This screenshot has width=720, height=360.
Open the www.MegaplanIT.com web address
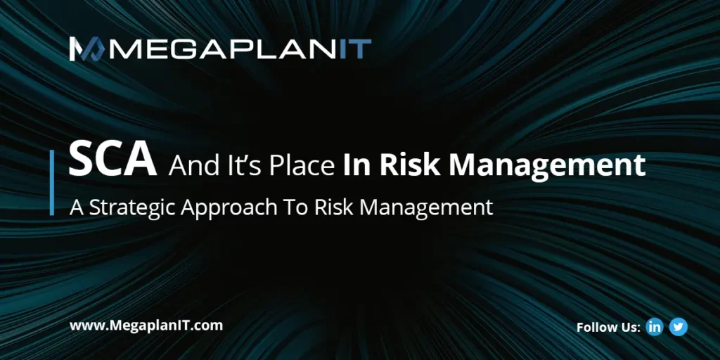146,326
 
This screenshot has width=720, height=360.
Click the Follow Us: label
608,328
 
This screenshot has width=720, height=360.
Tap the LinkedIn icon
655,327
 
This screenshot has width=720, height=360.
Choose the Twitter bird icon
679,327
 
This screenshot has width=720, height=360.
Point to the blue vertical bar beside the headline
52,182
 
